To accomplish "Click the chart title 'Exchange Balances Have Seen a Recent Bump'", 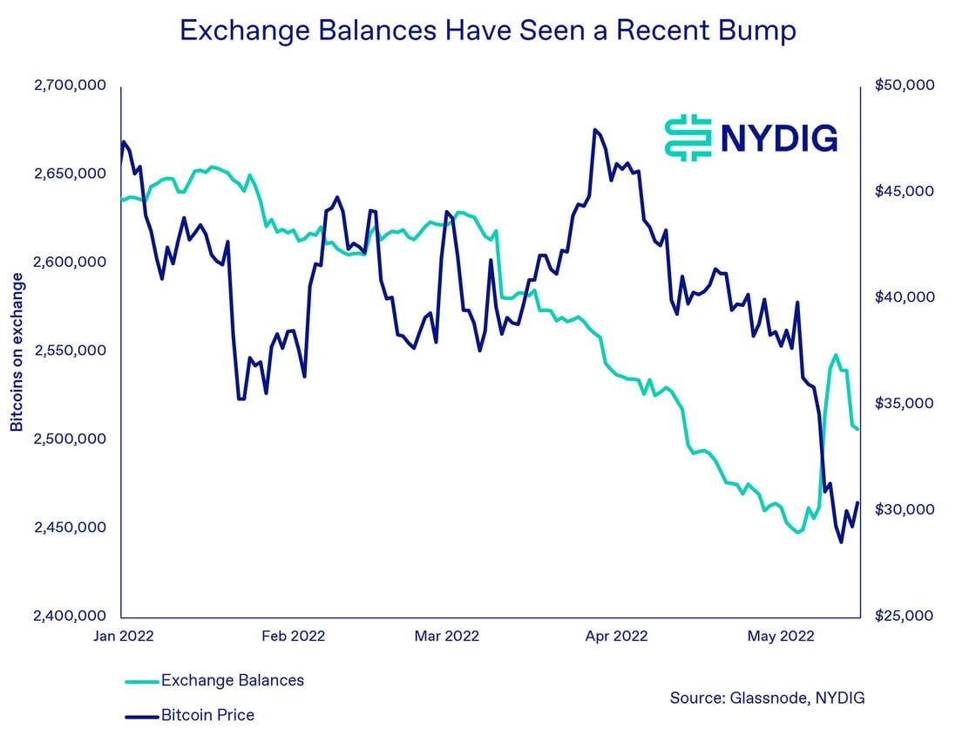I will [x=487, y=31].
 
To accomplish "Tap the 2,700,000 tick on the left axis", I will [x=70, y=85].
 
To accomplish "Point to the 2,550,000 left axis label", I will [x=70, y=351].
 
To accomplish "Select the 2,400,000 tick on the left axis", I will [x=70, y=616].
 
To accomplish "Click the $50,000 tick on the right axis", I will [x=903, y=85].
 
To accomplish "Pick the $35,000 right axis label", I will [x=903, y=404].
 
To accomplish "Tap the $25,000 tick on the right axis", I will [x=903, y=616].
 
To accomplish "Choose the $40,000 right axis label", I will [x=903, y=297].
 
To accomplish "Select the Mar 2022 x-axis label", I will [x=447, y=636].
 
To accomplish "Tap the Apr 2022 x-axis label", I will [x=616, y=636].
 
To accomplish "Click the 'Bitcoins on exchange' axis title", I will [x=17, y=351].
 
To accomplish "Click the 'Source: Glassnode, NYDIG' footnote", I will [x=767, y=698].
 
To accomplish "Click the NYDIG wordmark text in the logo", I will [x=778, y=138].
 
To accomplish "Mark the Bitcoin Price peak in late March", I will [x=595, y=130].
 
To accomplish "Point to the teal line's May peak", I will [x=836, y=355].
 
